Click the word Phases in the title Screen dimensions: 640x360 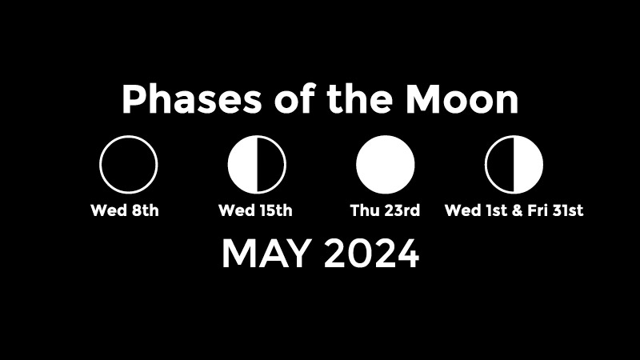(x=191, y=99)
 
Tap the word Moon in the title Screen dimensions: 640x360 (x=462, y=99)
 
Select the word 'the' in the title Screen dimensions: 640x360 (x=359, y=99)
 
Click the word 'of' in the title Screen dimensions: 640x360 (x=294, y=98)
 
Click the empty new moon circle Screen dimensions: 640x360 (x=101, y=165)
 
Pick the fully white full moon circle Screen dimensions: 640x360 (x=386, y=165)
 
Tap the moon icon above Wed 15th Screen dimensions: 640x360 (x=257, y=165)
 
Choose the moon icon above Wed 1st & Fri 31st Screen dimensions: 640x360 (x=514, y=165)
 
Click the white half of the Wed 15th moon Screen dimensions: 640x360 (x=242, y=165)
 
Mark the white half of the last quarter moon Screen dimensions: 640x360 (x=529, y=165)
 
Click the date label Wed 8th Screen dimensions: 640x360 (x=125, y=210)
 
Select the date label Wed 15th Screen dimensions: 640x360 (x=255, y=210)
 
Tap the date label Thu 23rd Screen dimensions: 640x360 (x=385, y=210)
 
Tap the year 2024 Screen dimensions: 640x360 (x=372, y=254)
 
